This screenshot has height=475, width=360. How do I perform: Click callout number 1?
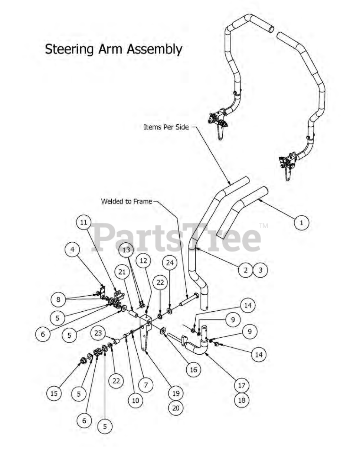click(x=301, y=223)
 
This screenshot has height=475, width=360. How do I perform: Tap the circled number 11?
click(x=84, y=222)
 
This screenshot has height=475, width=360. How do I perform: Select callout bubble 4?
click(x=72, y=249)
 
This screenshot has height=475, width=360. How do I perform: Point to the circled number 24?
click(x=170, y=263)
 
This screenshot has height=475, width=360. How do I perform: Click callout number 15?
click(x=54, y=393)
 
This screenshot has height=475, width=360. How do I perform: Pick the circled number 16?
click(x=193, y=369)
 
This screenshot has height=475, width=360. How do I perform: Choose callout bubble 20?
click(x=176, y=408)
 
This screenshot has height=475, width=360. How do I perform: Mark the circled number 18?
click(x=242, y=400)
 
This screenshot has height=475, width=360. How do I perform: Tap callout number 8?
click(x=58, y=299)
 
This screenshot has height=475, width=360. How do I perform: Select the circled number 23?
click(x=98, y=333)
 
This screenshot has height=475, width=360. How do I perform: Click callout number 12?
click(x=144, y=261)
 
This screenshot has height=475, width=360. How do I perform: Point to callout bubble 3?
click(x=260, y=270)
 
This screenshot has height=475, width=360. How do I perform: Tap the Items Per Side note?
click(x=166, y=127)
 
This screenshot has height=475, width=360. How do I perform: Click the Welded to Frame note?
click(x=127, y=201)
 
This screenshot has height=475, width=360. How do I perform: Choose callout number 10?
click(x=135, y=400)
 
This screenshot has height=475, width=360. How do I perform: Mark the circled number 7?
click(x=146, y=385)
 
